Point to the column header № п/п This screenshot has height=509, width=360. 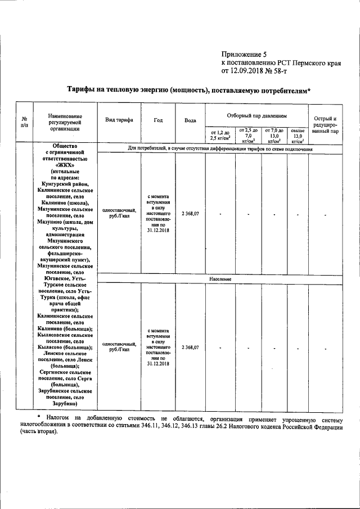[x=24, y=122]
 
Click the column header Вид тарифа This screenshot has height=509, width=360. [x=119, y=120]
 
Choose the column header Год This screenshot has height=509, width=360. [x=158, y=120]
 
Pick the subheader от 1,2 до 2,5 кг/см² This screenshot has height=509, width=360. [x=220, y=134]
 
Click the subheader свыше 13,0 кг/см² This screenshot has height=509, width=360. [x=298, y=135]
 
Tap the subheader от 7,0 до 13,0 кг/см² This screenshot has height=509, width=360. [x=274, y=135]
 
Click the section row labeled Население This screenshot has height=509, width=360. [x=220, y=279]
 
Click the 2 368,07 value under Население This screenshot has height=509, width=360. [x=190, y=348]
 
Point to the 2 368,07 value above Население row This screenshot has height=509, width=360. [x=190, y=214]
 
